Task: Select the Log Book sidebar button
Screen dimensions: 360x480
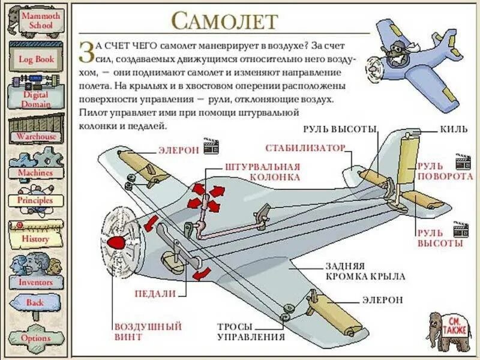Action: pyautogui.click(x=37, y=59)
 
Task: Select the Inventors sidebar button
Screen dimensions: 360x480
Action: pyautogui.click(x=36, y=281)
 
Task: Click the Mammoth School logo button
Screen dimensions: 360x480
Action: pyautogui.click(x=37, y=22)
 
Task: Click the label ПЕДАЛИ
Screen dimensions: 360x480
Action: pyautogui.click(x=155, y=294)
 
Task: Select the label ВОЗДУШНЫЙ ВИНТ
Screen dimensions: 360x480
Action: pyautogui.click(x=148, y=332)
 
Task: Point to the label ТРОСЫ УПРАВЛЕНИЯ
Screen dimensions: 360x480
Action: pyautogui.click(x=243, y=332)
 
